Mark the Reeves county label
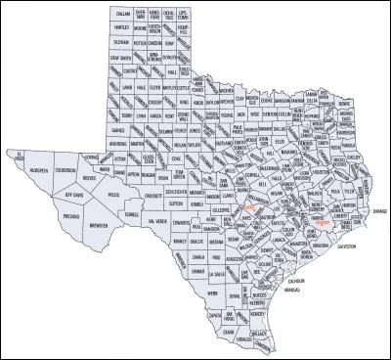pyautogui.click(x=90, y=177)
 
